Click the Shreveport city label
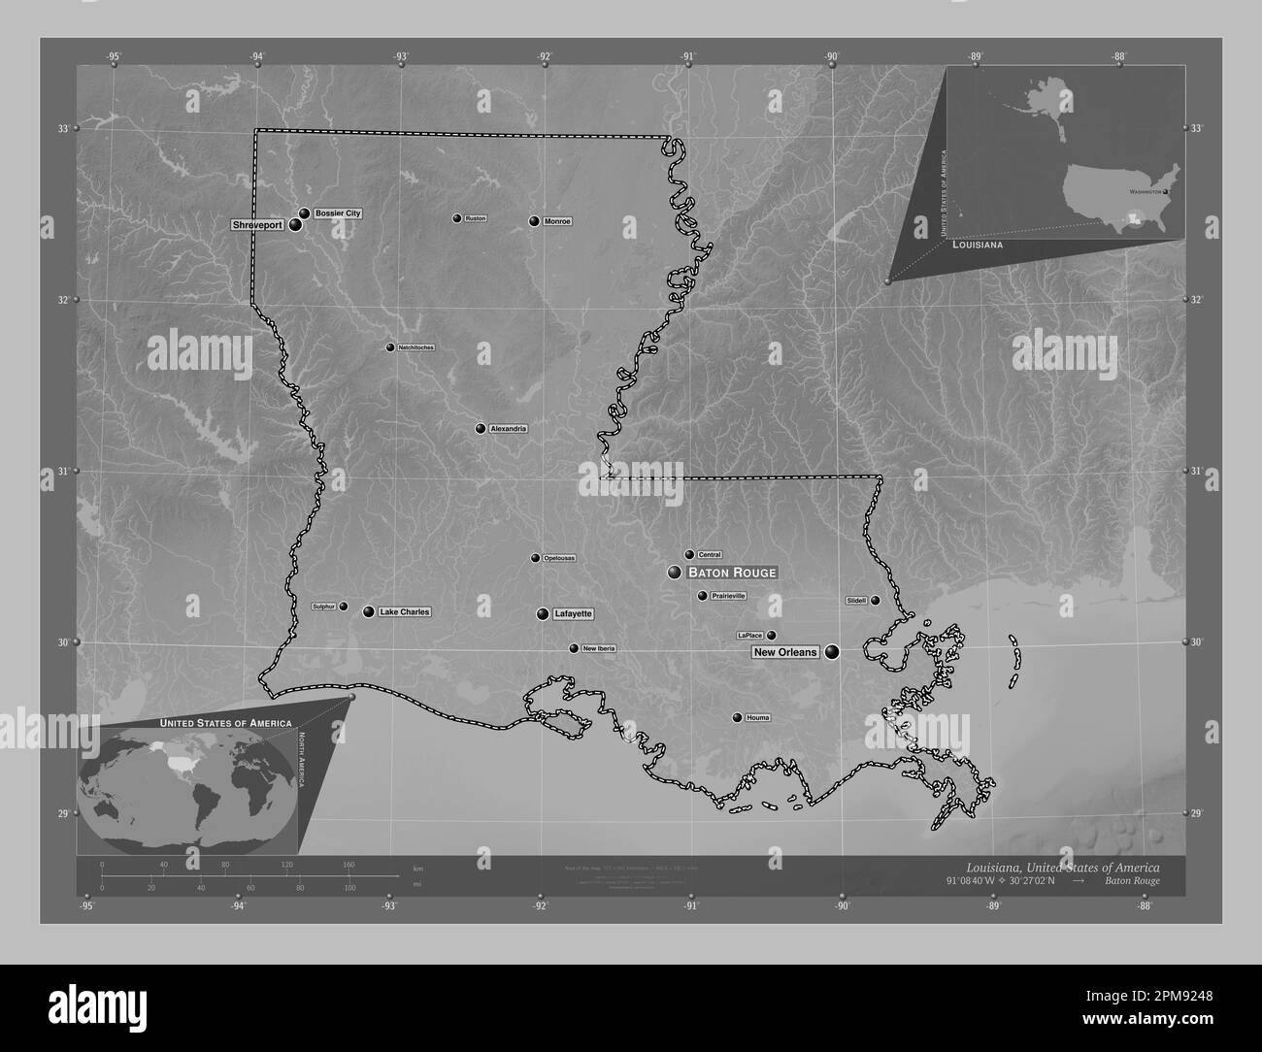[x=257, y=225]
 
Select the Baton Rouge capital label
[x=732, y=573]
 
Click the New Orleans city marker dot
[x=832, y=652]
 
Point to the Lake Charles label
[x=404, y=612]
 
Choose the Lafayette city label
[x=573, y=614]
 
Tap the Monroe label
[x=557, y=221]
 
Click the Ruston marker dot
[x=456, y=218]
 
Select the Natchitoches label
[x=415, y=347]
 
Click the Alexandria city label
[x=508, y=429]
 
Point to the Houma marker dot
[x=737, y=718]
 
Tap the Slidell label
[x=856, y=601]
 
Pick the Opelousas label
[x=559, y=558]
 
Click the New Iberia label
[x=598, y=648]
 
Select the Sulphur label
[x=323, y=607]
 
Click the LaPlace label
[x=749, y=636]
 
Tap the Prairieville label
[x=728, y=596]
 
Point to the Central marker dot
[x=689, y=555]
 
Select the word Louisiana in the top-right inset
[x=979, y=247]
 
